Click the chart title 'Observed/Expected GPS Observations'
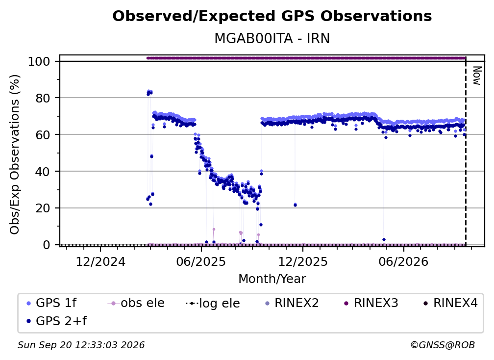[x=272, y=16]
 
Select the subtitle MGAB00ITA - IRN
[x=272, y=39]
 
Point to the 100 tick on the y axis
[x=39, y=61]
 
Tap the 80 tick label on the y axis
[x=43, y=98]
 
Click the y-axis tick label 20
[x=43, y=208]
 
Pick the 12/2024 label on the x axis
[x=100, y=262]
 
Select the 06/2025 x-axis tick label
[x=201, y=262]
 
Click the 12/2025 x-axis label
[x=303, y=262]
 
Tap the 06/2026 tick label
[x=404, y=262]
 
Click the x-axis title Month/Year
[x=272, y=279]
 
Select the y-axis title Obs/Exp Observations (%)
[x=15, y=154]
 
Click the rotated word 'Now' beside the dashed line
[x=477, y=76]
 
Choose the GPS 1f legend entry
[x=51, y=303]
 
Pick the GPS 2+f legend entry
[x=57, y=321]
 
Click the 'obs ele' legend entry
[x=136, y=303]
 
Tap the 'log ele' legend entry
[x=213, y=304]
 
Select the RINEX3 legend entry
[x=370, y=303]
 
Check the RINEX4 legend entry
[x=450, y=303]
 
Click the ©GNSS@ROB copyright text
[x=443, y=345]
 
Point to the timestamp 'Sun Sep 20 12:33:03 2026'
[x=81, y=345]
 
